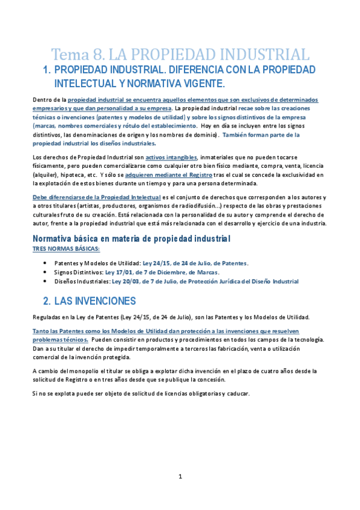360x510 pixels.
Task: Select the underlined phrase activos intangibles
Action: tap(171, 158)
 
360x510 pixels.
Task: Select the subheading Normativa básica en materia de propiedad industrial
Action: tap(130, 238)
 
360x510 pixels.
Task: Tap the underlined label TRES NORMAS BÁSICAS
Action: tap(66, 248)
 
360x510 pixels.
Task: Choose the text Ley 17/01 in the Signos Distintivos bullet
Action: tap(118, 272)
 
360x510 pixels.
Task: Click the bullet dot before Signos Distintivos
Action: tap(47, 272)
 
